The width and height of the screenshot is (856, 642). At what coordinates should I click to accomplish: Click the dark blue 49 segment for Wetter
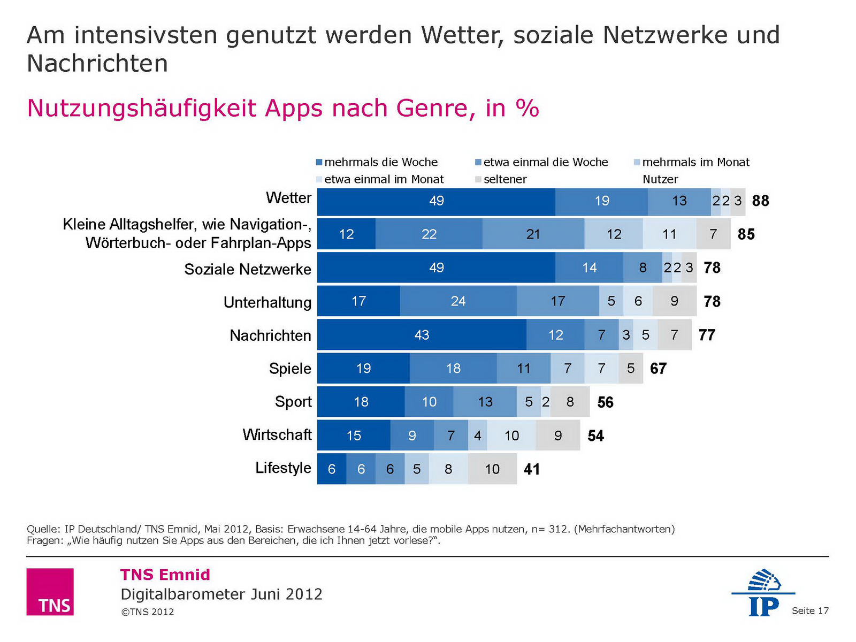(x=436, y=201)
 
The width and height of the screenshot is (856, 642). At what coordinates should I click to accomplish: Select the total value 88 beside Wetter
(x=760, y=201)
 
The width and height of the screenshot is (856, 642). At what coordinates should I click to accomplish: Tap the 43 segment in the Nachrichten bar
(x=422, y=335)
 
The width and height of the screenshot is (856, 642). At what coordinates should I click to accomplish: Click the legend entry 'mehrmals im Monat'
(x=695, y=162)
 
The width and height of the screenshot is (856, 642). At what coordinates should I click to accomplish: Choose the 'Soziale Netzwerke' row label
(x=248, y=269)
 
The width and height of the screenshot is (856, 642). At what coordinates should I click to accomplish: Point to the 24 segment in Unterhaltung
(x=458, y=301)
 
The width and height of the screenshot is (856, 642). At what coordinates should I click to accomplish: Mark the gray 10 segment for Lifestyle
(x=492, y=469)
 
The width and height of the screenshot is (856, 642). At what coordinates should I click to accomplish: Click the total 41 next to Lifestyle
(x=532, y=469)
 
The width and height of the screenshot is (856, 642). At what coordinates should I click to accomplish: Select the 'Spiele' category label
(x=290, y=369)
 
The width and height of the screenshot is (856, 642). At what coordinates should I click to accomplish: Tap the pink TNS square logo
(x=50, y=592)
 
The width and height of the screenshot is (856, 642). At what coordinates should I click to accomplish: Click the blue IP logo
(x=763, y=593)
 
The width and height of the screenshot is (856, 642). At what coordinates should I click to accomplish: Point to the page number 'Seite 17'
(x=810, y=610)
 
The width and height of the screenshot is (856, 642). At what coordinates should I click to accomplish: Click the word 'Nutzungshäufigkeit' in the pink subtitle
(x=143, y=108)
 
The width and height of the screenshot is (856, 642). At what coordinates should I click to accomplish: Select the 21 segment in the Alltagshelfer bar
(x=533, y=234)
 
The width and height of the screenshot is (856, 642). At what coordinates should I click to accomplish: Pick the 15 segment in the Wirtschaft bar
(x=354, y=435)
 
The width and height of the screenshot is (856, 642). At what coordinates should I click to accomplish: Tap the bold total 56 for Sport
(x=605, y=402)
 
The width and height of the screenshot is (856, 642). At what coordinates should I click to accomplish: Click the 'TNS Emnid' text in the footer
(x=165, y=575)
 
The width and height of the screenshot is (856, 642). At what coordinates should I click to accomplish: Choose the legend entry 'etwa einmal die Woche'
(x=545, y=162)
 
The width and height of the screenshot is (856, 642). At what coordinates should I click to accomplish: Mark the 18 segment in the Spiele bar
(x=453, y=369)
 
